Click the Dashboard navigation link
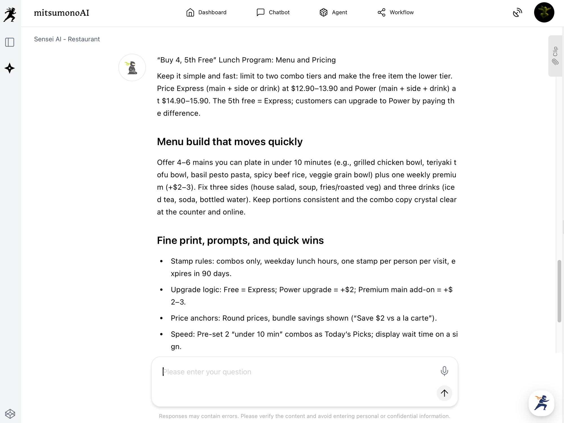(x=206, y=12)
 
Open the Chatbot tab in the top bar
(x=273, y=12)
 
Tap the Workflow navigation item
(x=395, y=12)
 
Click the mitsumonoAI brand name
(x=61, y=13)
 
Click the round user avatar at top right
(x=544, y=12)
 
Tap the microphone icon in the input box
(x=444, y=371)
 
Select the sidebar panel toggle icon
(x=10, y=42)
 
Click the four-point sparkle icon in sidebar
(x=10, y=68)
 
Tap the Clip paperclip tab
(x=555, y=56)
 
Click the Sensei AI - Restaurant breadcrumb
(x=67, y=39)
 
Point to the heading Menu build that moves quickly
(x=230, y=141)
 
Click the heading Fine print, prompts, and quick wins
(x=240, y=240)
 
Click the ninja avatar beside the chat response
(x=132, y=68)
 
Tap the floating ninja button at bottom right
(x=541, y=403)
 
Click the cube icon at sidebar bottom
(x=10, y=414)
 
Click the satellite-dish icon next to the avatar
(x=517, y=12)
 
